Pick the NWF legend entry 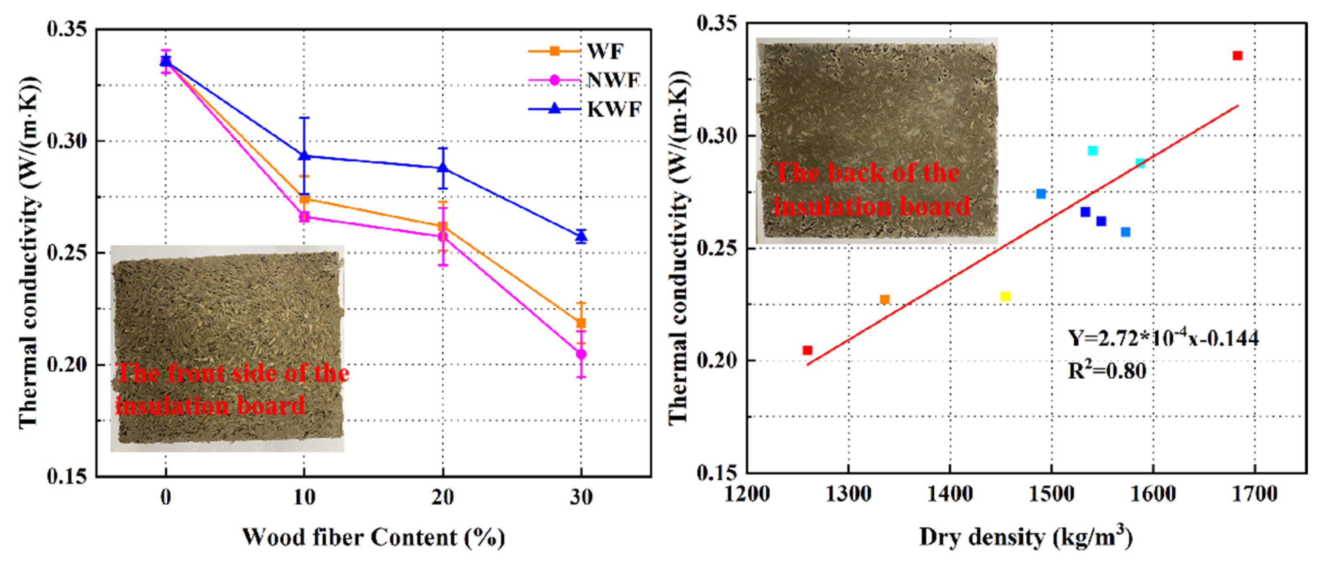tap(613, 80)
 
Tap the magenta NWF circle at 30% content tap(581, 354)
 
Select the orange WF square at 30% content tap(581, 323)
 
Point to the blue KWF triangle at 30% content tap(581, 236)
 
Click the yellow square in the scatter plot tap(1005, 296)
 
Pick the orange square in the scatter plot tap(885, 299)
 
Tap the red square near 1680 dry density tap(1238, 55)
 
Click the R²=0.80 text tap(1107, 370)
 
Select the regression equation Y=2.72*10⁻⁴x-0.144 tap(1163, 338)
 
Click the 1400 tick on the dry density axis tap(950, 494)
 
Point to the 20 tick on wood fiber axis tap(443, 497)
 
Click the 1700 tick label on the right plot tap(1255, 494)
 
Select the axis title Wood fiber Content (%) tap(373, 537)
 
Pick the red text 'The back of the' tap(867, 172)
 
